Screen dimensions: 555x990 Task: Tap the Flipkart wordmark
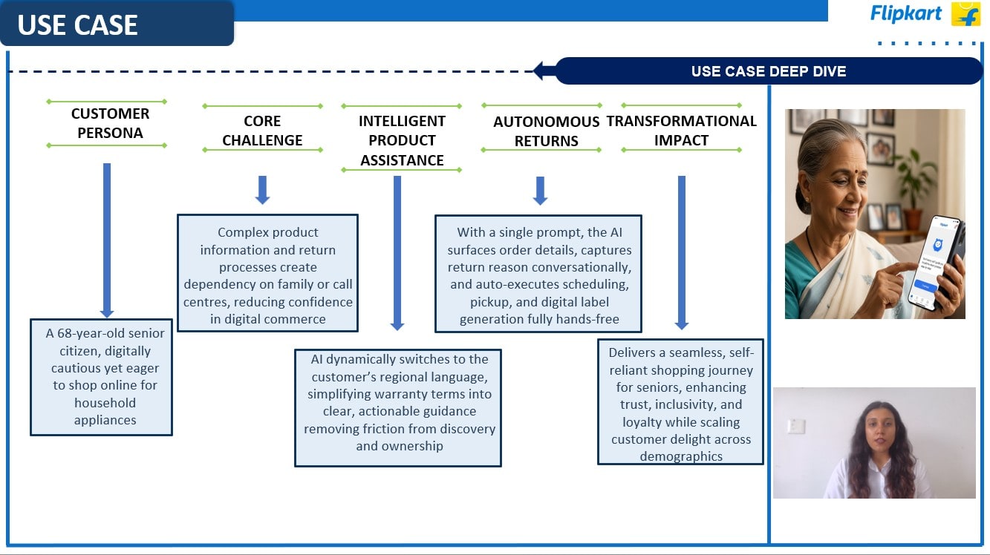(905, 13)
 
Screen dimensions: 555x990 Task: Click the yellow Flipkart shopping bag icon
(965, 13)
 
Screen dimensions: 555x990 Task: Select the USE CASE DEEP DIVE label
(769, 71)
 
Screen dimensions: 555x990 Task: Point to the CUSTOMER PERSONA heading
(110, 123)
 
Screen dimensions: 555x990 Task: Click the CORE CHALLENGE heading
(262, 130)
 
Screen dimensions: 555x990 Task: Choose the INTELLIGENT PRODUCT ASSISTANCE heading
(402, 140)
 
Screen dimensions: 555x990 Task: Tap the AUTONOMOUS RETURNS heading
(546, 131)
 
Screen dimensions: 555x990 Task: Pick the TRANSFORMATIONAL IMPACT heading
(682, 130)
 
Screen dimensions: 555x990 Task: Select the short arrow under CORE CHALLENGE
(262, 190)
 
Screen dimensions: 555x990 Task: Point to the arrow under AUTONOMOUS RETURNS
(541, 191)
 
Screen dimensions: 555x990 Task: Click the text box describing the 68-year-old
(102, 377)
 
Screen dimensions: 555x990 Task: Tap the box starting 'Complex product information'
(268, 273)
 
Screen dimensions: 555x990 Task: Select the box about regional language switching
(398, 407)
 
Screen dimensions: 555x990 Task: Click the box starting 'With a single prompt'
(538, 272)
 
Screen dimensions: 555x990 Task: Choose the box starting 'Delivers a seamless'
(680, 401)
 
